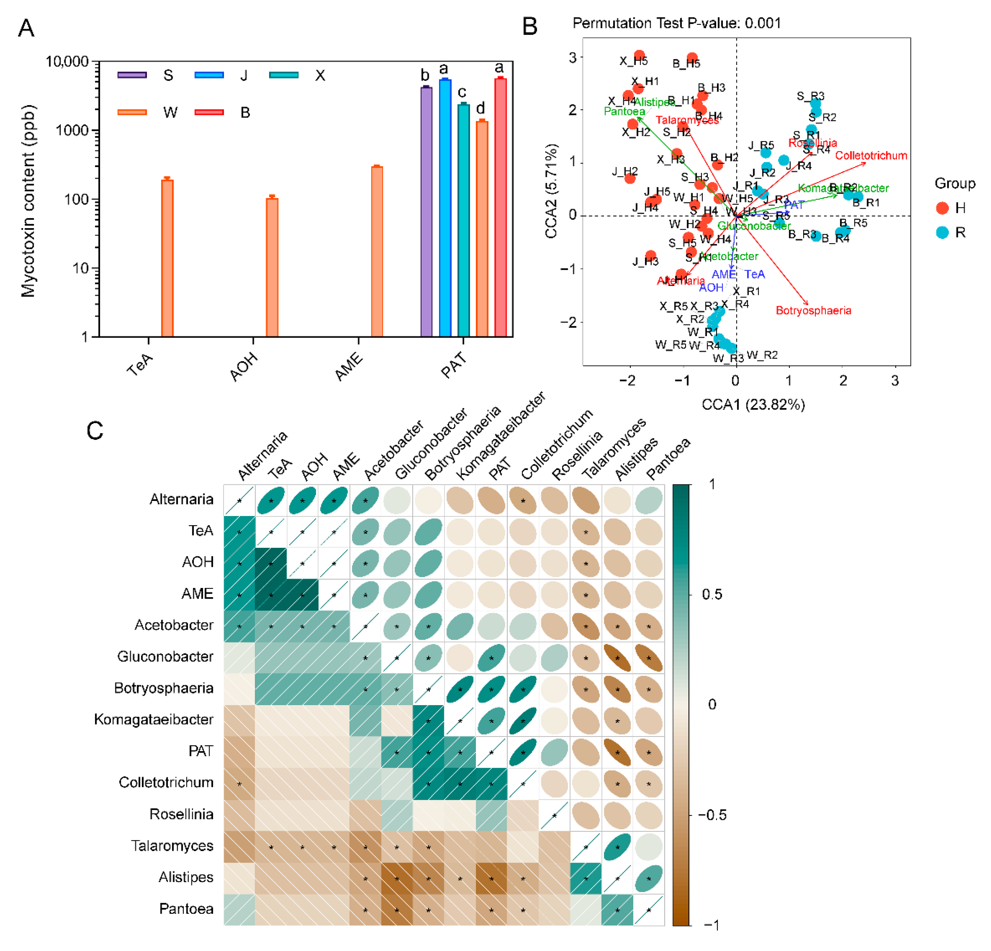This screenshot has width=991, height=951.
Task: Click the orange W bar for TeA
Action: [167, 258]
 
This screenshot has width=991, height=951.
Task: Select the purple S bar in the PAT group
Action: [426, 212]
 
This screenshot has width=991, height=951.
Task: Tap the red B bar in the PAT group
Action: [500, 207]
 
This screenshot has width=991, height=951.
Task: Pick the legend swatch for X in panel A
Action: [284, 75]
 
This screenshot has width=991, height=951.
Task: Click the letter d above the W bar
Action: [480, 108]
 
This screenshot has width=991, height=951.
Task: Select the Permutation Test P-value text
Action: [677, 23]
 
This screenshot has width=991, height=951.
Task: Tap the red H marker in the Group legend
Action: [941, 208]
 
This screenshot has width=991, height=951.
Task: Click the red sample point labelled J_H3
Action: [651, 256]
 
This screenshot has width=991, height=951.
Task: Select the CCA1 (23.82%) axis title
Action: [753, 404]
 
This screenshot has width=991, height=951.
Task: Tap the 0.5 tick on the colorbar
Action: [711, 594]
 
